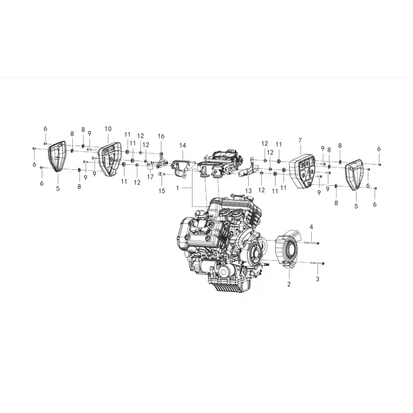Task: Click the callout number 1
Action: pos(178,188)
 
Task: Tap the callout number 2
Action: pos(289,284)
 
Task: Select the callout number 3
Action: pos(317,279)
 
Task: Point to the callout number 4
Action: pos(311,227)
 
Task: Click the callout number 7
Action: pos(300,140)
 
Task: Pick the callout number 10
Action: pos(108,129)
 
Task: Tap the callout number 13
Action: pos(248,190)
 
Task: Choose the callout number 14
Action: pos(183,146)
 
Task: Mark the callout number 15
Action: pos(162,190)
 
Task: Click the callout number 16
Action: pos(161,136)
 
